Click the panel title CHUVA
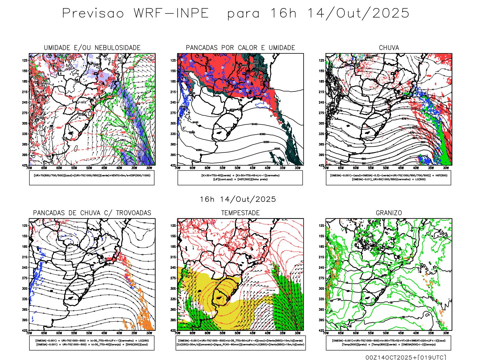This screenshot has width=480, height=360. click(389, 48)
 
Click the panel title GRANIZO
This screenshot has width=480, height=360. click(389, 213)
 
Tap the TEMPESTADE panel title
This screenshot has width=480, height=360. click(240, 213)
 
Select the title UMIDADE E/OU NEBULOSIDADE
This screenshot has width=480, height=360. click(92, 48)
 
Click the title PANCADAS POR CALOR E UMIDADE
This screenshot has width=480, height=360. click(240, 48)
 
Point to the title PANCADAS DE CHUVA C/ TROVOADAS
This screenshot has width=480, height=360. click(92, 213)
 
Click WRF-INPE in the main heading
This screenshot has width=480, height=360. click(171, 13)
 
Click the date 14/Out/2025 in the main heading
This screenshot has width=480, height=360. click(358, 13)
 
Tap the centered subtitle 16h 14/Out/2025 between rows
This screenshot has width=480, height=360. click(238, 199)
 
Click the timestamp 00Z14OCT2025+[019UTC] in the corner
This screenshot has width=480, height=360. click(406, 357)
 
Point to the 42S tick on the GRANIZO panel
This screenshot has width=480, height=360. click(322, 331)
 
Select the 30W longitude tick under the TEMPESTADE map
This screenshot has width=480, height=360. click(298, 333)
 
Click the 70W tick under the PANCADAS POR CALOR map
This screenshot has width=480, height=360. click(178, 168)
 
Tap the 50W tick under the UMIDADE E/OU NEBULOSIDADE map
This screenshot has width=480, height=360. click(89, 168)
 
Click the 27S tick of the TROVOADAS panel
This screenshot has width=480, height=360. click(25, 278)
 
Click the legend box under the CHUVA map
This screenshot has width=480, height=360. click(388, 178)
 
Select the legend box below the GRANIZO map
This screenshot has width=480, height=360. click(388, 343)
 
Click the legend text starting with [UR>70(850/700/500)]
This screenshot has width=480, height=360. click(92, 175)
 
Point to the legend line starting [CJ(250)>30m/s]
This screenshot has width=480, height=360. click(240, 344)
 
